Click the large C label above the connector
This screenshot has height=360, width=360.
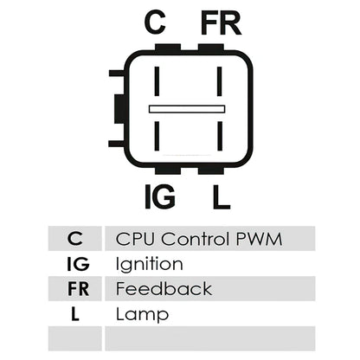pyautogui.click(x=155, y=22)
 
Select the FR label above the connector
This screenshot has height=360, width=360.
pyautogui.click(x=221, y=23)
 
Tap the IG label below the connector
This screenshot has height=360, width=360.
pyautogui.click(x=159, y=196)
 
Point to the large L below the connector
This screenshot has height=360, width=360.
pyautogui.click(x=222, y=197)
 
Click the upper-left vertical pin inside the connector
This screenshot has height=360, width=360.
pyautogui.click(x=157, y=81)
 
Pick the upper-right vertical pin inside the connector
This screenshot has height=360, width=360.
pyautogui.click(x=220, y=81)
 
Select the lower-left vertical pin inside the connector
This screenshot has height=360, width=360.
pyautogui.click(x=157, y=136)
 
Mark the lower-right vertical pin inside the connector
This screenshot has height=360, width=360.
pyautogui.click(x=220, y=136)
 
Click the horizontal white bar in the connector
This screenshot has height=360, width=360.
pyautogui.click(x=187, y=109)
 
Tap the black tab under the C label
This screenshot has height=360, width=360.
pyautogui.click(x=168, y=48)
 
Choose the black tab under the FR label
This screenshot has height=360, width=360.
pyautogui.click(x=211, y=48)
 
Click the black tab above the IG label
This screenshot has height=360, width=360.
pyautogui.click(x=168, y=170)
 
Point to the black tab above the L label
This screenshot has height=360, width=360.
pyautogui.click(x=211, y=170)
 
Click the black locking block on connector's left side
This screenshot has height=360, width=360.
pyautogui.click(x=119, y=109)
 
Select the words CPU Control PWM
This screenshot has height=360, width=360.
pyautogui.click(x=199, y=239)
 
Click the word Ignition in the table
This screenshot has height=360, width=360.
pyautogui.click(x=149, y=264)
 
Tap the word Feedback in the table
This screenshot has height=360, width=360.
pyautogui.click(x=164, y=289)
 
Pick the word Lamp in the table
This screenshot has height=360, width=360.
pyautogui.click(x=142, y=314)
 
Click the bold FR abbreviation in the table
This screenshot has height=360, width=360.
pyautogui.click(x=78, y=289)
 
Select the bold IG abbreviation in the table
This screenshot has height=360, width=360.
pyautogui.click(x=78, y=264)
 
